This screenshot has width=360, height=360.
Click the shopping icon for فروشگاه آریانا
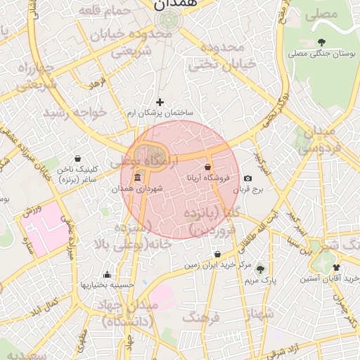point(207,167)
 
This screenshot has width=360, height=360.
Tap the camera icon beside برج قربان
point(247,179)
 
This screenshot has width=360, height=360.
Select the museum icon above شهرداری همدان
point(136,177)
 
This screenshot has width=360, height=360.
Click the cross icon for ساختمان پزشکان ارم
point(160,102)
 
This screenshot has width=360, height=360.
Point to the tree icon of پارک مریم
point(261,269)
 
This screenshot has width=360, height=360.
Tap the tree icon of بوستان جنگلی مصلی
point(321,42)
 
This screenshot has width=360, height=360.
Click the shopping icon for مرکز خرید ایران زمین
point(217,255)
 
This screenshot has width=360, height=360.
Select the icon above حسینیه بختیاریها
point(107,274)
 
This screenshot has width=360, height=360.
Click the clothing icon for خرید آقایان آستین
point(336,267)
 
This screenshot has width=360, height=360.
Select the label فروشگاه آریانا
point(204,179)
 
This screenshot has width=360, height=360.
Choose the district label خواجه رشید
point(75,112)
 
